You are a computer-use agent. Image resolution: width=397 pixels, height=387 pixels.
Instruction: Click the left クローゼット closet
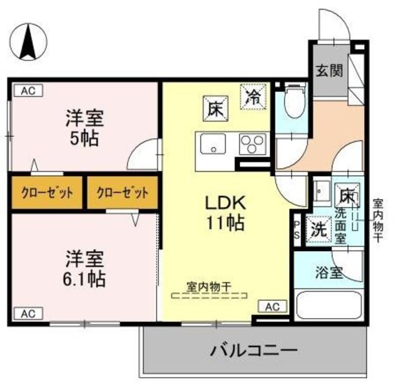(x=47, y=192)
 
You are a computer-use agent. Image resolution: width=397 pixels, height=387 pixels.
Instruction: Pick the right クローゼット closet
(x=122, y=192)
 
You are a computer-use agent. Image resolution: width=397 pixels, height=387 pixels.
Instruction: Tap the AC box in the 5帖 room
(x=28, y=91)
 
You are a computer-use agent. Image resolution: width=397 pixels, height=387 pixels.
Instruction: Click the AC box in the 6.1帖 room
(x=28, y=314)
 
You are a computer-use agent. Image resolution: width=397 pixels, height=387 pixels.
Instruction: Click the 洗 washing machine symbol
(x=319, y=228)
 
